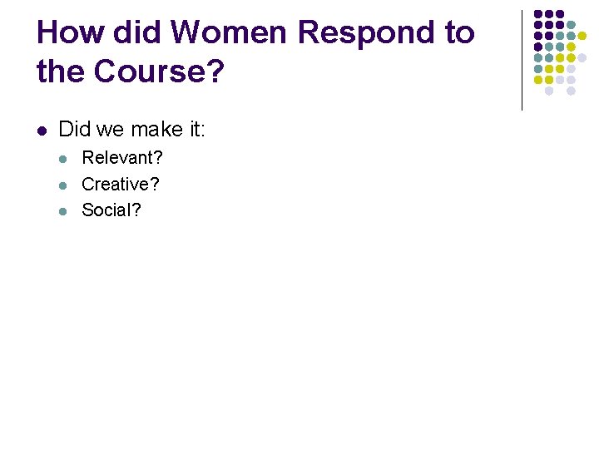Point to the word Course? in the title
(160, 72)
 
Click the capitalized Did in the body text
(75, 129)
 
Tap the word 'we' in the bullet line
(110, 129)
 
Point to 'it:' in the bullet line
(196, 129)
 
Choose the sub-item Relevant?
(122, 158)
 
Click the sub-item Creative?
(121, 184)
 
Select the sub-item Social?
(111, 210)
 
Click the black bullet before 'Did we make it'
(42, 130)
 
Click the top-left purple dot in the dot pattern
(538, 14)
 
